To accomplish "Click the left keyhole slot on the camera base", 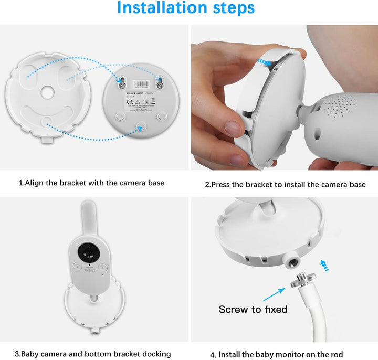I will coord(122,82).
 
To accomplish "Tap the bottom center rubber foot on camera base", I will coord(140,124).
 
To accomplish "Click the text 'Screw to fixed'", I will coord(253,309).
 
